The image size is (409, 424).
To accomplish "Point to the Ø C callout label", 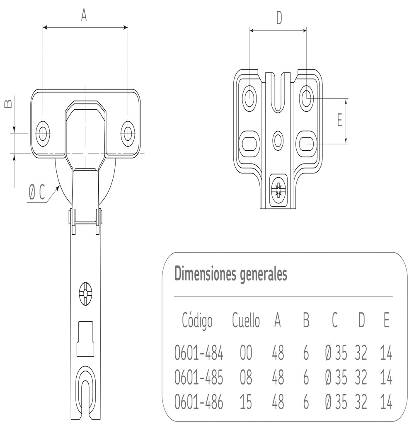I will pos(36,192).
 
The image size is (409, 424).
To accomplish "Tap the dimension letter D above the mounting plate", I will pos(279,18).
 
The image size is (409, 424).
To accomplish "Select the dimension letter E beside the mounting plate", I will pos(339,120).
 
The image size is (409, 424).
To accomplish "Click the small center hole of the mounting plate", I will pos(278,139).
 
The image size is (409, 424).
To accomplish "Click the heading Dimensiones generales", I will pos(230,274).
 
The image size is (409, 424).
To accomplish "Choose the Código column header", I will pos(197,321).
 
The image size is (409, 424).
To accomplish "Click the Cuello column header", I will pos(246,321).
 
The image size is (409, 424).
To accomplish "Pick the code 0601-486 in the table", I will pos(199,402).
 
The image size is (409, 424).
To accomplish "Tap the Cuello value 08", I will pos(246,378).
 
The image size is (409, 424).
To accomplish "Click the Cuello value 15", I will pos(246,402).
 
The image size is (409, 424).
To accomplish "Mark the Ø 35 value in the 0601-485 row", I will pos(336,378).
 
